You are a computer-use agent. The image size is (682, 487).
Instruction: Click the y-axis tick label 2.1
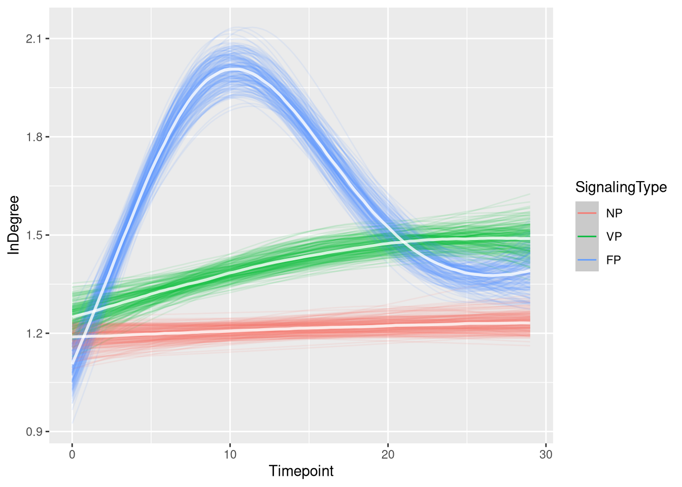pyautogui.click(x=34, y=39)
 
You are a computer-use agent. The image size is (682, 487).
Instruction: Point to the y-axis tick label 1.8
pyautogui.click(x=34, y=137)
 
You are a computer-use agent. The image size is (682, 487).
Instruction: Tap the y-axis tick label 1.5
pyautogui.click(x=34, y=235)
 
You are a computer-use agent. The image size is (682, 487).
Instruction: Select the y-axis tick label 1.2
pyautogui.click(x=34, y=333)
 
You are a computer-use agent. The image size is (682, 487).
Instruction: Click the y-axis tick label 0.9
pyautogui.click(x=34, y=432)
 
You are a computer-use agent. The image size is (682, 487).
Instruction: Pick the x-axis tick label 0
pyautogui.click(x=72, y=455)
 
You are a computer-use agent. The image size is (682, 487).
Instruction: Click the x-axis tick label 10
pyautogui.click(x=230, y=455)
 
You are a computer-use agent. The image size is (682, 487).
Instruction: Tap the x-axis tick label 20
pyautogui.click(x=388, y=455)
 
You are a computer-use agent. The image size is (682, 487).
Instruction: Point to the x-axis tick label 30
pyautogui.click(x=546, y=455)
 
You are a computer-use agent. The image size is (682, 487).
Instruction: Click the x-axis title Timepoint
pyautogui.click(x=301, y=471)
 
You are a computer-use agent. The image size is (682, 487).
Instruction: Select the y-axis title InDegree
pyautogui.click(x=14, y=225)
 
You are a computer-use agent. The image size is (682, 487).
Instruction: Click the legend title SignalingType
pyautogui.click(x=621, y=188)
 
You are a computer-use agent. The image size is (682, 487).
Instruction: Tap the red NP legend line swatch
pyautogui.click(x=587, y=213)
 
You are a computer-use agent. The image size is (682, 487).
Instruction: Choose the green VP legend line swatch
pyautogui.click(x=587, y=236)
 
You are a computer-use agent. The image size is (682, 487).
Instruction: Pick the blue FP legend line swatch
pyautogui.click(x=587, y=260)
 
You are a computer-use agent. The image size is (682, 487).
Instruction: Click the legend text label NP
pyautogui.click(x=614, y=213)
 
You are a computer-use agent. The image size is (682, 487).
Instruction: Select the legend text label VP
pyautogui.click(x=614, y=236)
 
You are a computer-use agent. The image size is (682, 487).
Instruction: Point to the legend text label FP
pyautogui.click(x=614, y=260)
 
